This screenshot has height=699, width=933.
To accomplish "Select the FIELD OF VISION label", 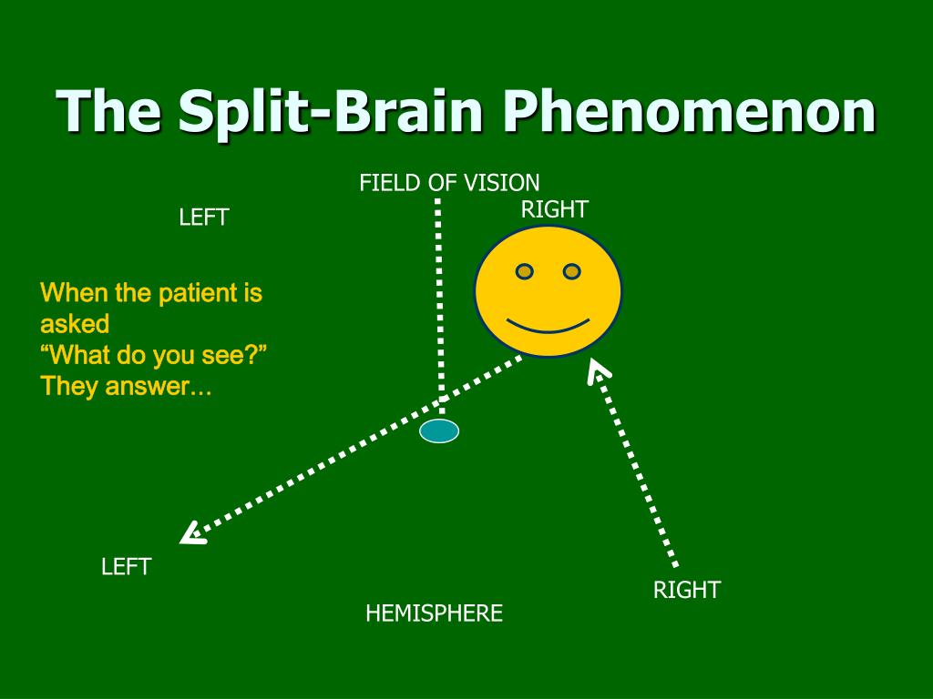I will (x=449, y=183).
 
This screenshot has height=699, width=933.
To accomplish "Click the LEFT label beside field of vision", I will (x=203, y=218).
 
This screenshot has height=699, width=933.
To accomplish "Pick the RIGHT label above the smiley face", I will (x=554, y=209).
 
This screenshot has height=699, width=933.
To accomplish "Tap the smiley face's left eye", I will (x=525, y=271).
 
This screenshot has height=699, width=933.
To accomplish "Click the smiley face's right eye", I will (x=571, y=271).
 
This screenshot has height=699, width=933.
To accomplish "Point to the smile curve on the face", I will (x=548, y=325).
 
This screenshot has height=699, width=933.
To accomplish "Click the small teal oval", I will (x=439, y=431).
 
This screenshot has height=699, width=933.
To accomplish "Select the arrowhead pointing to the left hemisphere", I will (x=191, y=533).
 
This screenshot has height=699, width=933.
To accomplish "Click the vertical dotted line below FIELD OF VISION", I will (x=439, y=300).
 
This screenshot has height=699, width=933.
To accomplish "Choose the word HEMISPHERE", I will (x=434, y=613).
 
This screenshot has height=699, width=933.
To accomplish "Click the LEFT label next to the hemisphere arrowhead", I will (x=126, y=567).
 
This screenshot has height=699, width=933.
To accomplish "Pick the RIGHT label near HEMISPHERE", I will (x=686, y=590).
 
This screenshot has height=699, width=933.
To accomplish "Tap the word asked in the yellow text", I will (x=75, y=324).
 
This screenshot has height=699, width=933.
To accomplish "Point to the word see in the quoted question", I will (x=220, y=355).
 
